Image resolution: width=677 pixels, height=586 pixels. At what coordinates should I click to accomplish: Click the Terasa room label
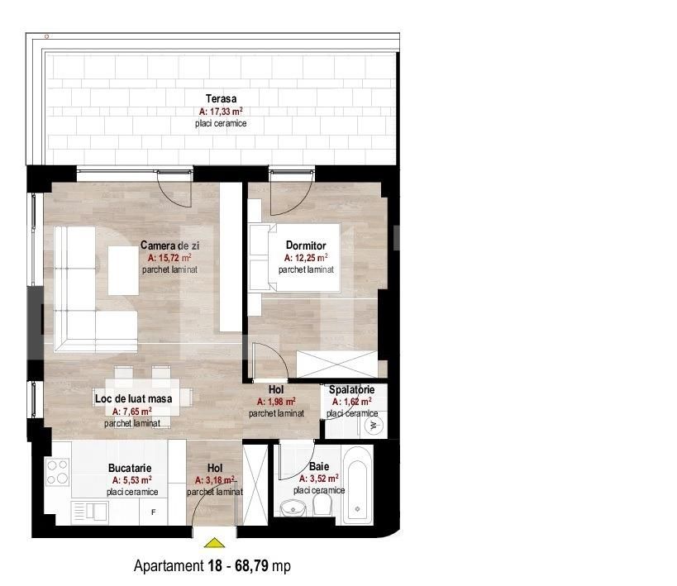point(222,99)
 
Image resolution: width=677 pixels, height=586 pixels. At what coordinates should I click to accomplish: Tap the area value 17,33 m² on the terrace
point(222,111)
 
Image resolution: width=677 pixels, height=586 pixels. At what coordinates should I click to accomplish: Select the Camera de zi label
point(169,245)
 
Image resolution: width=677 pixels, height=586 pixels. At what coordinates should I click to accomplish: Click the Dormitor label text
point(306,245)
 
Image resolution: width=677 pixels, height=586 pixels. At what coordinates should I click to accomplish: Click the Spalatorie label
point(351,389)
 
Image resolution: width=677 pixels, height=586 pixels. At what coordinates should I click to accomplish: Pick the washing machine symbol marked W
point(373,426)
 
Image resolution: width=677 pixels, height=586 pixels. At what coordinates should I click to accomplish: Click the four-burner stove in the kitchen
point(57,472)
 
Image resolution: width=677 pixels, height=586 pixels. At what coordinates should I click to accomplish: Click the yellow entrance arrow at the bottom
point(214,543)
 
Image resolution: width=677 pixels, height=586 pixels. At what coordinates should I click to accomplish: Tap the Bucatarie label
point(130,467)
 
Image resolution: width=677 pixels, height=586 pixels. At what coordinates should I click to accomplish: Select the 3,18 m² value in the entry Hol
point(215,479)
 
